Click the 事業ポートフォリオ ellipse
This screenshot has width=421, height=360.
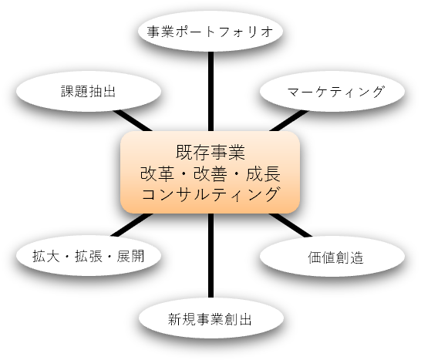(210, 31)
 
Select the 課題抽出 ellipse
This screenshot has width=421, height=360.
(89, 91)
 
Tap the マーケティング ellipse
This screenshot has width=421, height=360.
(332, 91)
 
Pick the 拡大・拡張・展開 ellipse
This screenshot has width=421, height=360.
(89, 256)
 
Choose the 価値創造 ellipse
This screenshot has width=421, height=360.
(332, 257)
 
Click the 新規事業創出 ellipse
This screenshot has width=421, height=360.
(211, 318)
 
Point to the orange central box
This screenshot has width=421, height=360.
(210, 172)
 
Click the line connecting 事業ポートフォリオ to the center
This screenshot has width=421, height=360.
(210, 91)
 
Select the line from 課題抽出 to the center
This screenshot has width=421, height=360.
(133, 120)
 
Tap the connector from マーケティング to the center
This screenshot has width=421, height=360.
(289, 120)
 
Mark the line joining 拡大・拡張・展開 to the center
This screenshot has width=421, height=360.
(132, 225)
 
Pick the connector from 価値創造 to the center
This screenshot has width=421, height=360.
(291, 225)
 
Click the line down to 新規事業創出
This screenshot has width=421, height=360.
(210, 256)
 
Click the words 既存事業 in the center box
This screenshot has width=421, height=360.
(210, 152)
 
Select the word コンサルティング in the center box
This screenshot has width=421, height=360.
(210, 193)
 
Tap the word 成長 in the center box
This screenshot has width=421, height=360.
(263, 173)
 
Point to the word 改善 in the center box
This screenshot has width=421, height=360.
(210, 173)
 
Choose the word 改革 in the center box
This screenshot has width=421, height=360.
(157, 173)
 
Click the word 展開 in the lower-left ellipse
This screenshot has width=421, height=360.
(130, 256)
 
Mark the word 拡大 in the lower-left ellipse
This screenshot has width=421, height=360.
(46, 256)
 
